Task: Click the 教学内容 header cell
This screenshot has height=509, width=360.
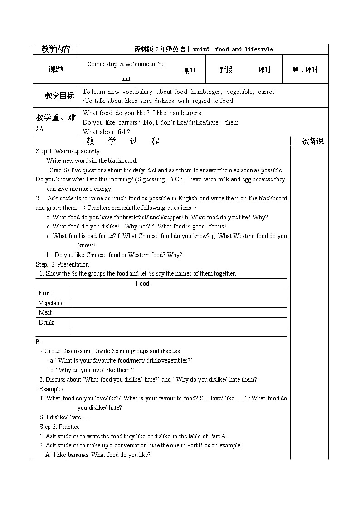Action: click(56, 49)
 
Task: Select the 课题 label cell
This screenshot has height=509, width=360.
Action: click(56, 69)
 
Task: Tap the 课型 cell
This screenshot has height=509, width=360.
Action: click(189, 71)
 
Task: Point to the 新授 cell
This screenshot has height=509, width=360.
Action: click(226, 69)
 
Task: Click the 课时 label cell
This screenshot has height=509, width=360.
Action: click(264, 69)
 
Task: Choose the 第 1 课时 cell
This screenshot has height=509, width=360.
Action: click(305, 69)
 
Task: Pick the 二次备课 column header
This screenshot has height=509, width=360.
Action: click(309, 141)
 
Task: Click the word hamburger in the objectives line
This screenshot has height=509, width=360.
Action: click(206, 92)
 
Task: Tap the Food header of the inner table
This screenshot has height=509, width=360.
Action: click(142, 283)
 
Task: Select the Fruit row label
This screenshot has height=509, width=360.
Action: click(45, 293)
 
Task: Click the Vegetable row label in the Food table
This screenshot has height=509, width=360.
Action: click(51, 303)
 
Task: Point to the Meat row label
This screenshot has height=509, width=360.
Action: click(45, 312)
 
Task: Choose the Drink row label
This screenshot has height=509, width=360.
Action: click(46, 322)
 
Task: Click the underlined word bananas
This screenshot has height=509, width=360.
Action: click(78, 455)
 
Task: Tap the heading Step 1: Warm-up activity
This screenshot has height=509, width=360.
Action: click(68, 151)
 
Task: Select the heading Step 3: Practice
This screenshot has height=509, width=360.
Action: click(59, 427)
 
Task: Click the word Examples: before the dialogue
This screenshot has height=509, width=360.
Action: click(52, 389)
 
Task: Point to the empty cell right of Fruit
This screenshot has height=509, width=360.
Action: click(179, 293)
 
